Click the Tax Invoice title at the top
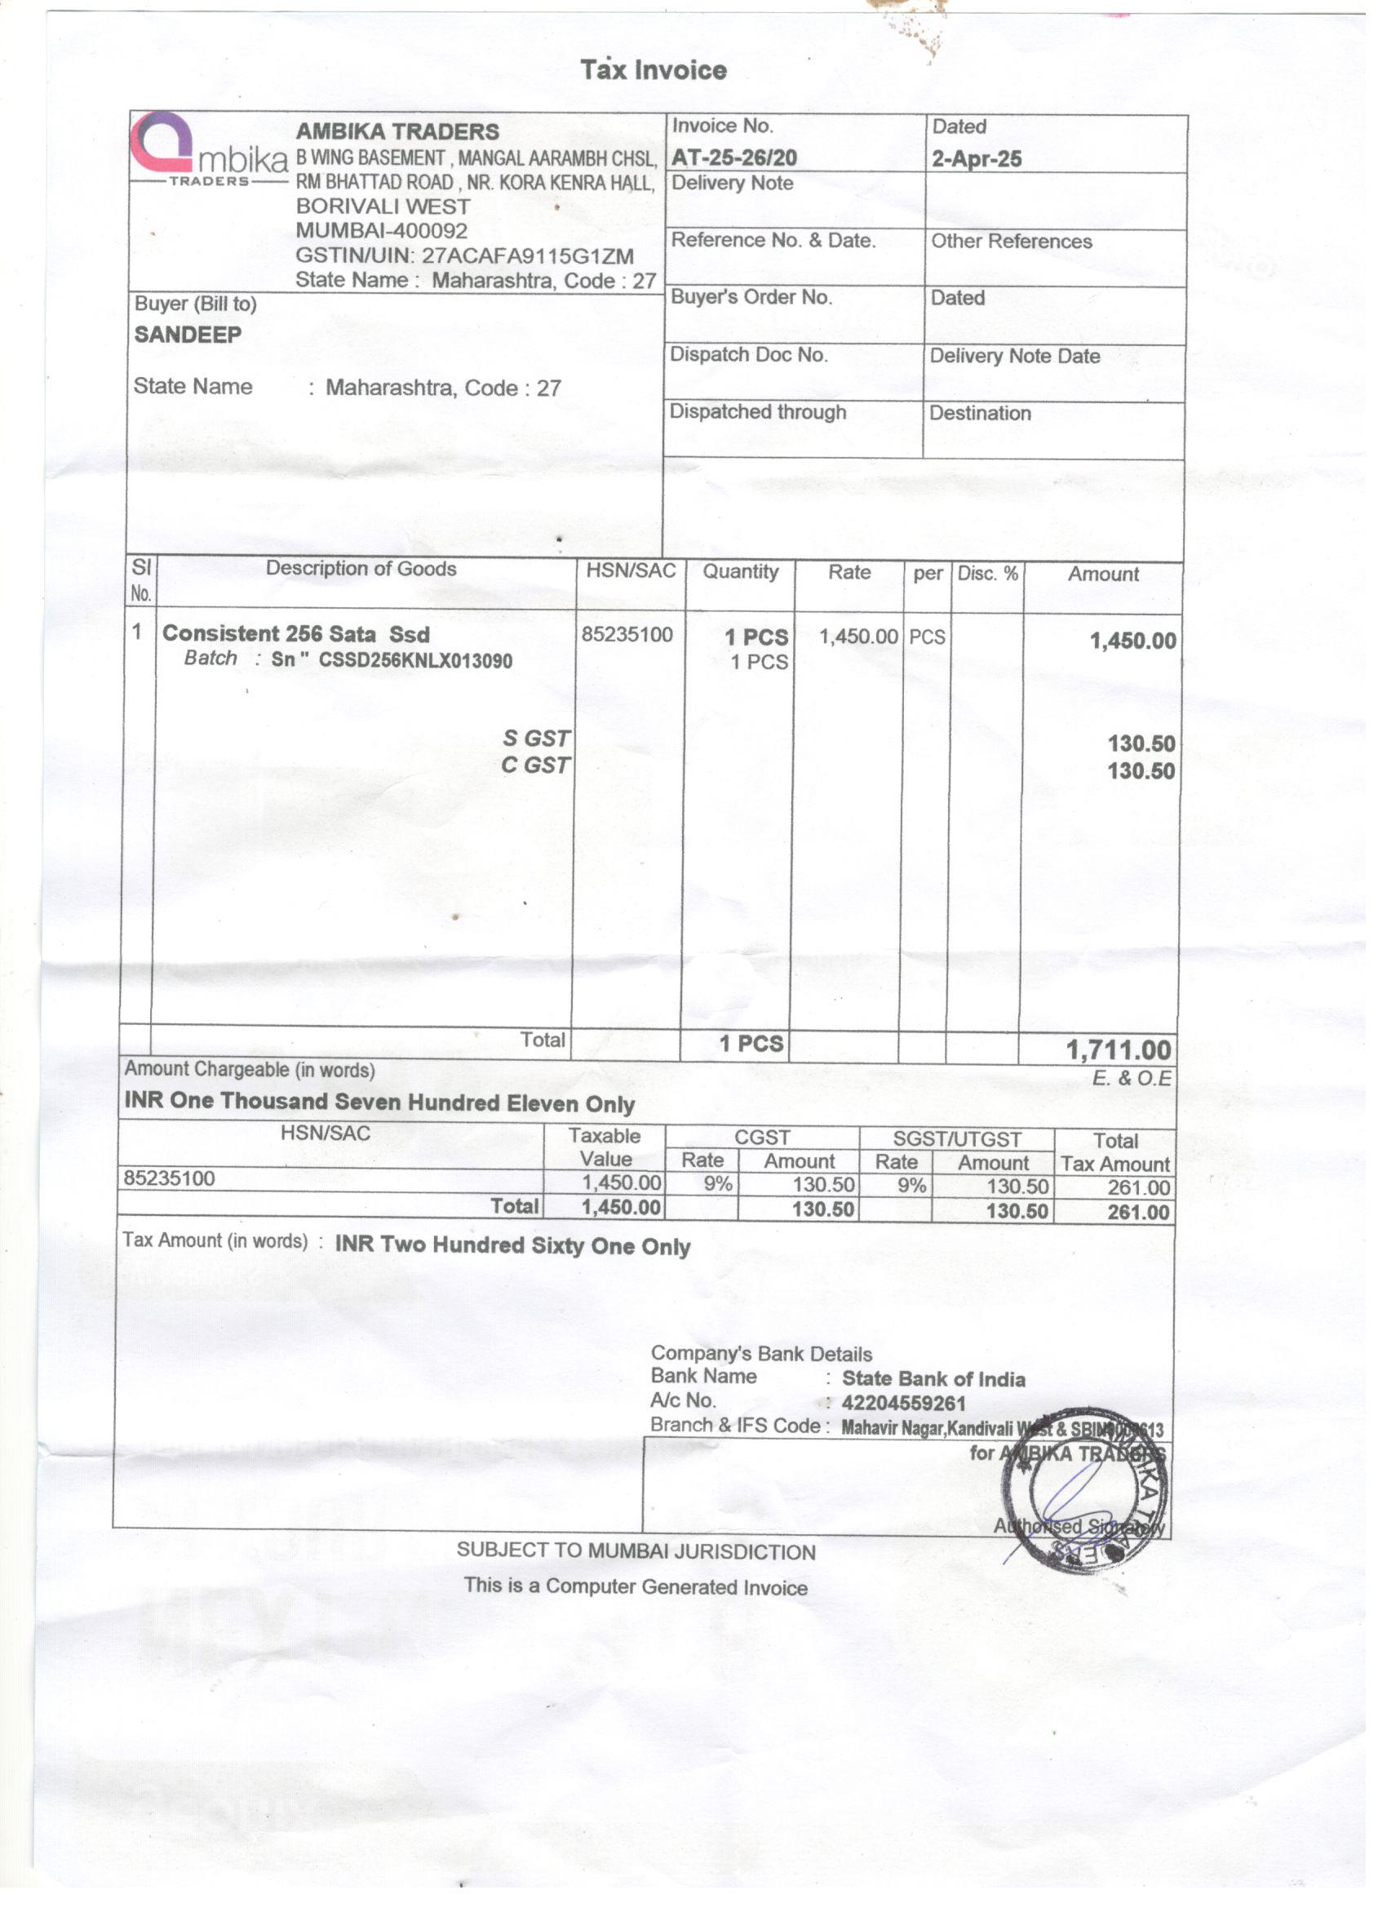(654, 70)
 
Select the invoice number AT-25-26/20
(734, 158)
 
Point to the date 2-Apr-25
(977, 159)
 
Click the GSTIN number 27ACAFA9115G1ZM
(527, 256)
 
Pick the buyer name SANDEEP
(188, 335)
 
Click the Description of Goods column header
(361, 570)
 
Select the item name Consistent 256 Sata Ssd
(296, 634)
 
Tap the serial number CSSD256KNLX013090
(415, 661)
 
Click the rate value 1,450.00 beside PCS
(858, 637)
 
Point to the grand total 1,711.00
(1118, 1050)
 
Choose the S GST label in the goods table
(536, 739)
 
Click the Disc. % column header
(987, 574)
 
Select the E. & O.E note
(1132, 1079)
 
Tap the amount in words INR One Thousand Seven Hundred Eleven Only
(379, 1102)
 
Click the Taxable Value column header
(604, 1147)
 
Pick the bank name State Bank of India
(933, 1379)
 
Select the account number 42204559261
(903, 1403)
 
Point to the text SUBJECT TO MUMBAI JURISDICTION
(636, 1552)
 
